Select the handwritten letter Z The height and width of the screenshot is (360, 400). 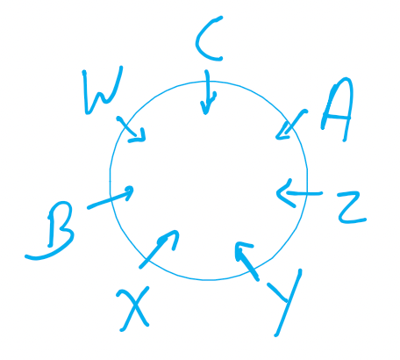click(351, 207)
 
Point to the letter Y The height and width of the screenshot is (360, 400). click(286, 300)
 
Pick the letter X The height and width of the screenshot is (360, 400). click(134, 309)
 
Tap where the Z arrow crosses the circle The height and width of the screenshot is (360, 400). click(307, 193)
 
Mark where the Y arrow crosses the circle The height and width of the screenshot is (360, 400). click(254, 270)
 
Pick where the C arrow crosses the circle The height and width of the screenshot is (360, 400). click(207, 82)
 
